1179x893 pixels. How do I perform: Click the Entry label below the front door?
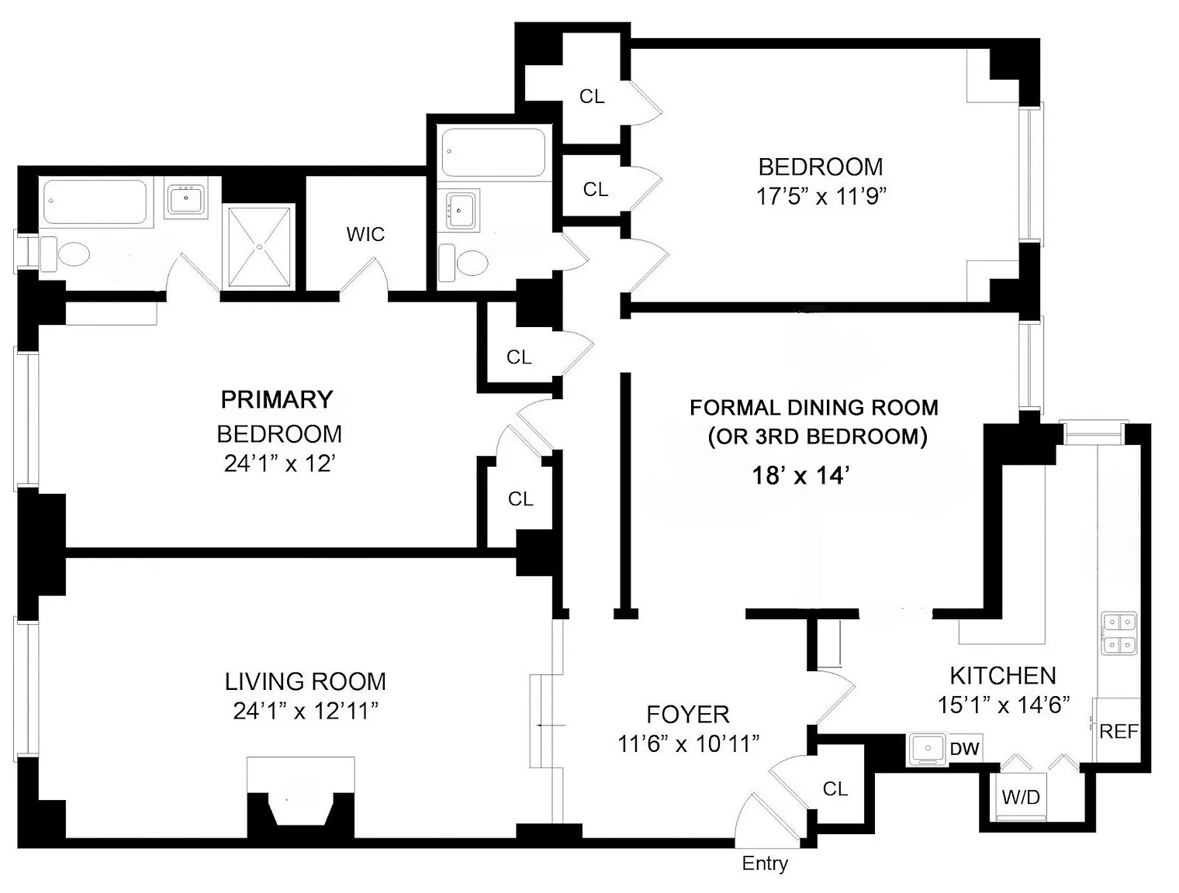pyautogui.click(x=765, y=864)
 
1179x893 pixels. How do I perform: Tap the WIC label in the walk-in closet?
pyautogui.click(x=365, y=234)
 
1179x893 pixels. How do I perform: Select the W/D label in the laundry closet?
pyautogui.click(x=1021, y=797)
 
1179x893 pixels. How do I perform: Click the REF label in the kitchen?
pyautogui.click(x=1118, y=732)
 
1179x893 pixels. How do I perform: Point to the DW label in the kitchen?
pyautogui.click(x=965, y=749)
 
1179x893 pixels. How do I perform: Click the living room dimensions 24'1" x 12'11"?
pyautogui.click(x=306, y=712)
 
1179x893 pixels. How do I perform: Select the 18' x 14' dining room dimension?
pyautogui.click(x=800, y=475)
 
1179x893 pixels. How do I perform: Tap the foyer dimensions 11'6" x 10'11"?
pyautogui.click(x=688, y=744)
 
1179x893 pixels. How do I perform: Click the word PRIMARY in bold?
pyautogui.click(x=277, y=399)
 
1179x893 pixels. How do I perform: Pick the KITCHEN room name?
pyautogui.click(x=1003, y=676)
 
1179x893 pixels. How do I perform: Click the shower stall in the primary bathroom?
pyautogui.click(x=261, y=247)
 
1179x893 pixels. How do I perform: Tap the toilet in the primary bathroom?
pyautogui.click(x=64, y=253)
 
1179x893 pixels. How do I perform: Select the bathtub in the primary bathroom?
pyautogui.click(x=95, y=202)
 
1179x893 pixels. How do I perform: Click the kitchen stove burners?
pyautogui.click(x=1118, y=633)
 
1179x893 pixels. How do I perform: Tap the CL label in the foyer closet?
pyautogui.click(x=835, y=788)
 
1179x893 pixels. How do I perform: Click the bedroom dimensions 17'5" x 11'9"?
pyautogui.click(x=820, y=197)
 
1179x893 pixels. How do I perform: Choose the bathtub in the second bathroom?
pyautogui.click(x=494, y=153)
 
